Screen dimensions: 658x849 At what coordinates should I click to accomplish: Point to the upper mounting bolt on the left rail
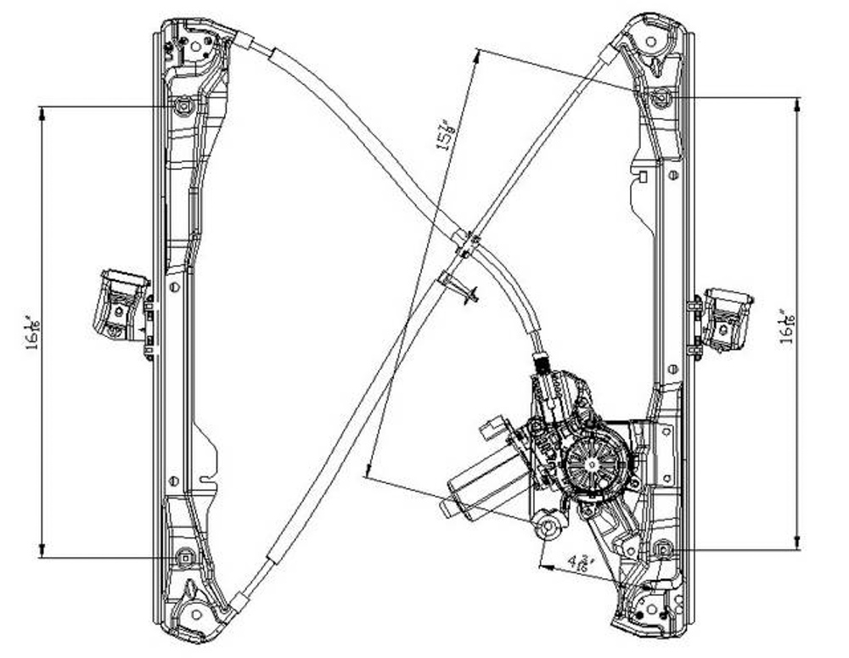coord(184,107)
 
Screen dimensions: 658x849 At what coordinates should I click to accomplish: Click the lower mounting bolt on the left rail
coord(185,557)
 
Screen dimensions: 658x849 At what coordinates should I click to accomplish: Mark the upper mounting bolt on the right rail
coord(661,98)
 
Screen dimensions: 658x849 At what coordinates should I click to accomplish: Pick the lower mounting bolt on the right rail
coord(663,549)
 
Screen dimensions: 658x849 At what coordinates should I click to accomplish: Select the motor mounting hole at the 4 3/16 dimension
coord(549,528)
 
